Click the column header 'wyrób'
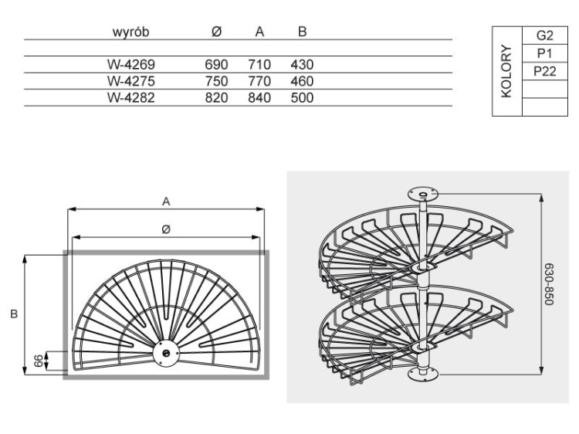[x=130, y=32]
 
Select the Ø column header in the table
[x=216, y=32]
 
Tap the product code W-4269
[x=131, y=65]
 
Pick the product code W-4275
[x=131, y=81]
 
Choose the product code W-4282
[x=131, y=98]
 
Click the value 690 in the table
[x=216, y=65]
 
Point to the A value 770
[x=259, y=81]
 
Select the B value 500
[x=302, y=98]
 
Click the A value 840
[x=259, y=98]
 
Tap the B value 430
[x=302, y=65]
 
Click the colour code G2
[x=545, y=36]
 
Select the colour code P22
[x=545, y=71]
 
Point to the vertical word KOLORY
[x=506, y=71]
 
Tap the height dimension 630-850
[x=550, y=284]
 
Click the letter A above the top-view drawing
[x=166, y=202]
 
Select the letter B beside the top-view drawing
[x=14, y=314]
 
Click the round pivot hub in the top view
[x=166, y=354]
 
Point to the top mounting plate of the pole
[x=423, y=194]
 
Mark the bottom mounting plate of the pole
[x=423, y=375]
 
